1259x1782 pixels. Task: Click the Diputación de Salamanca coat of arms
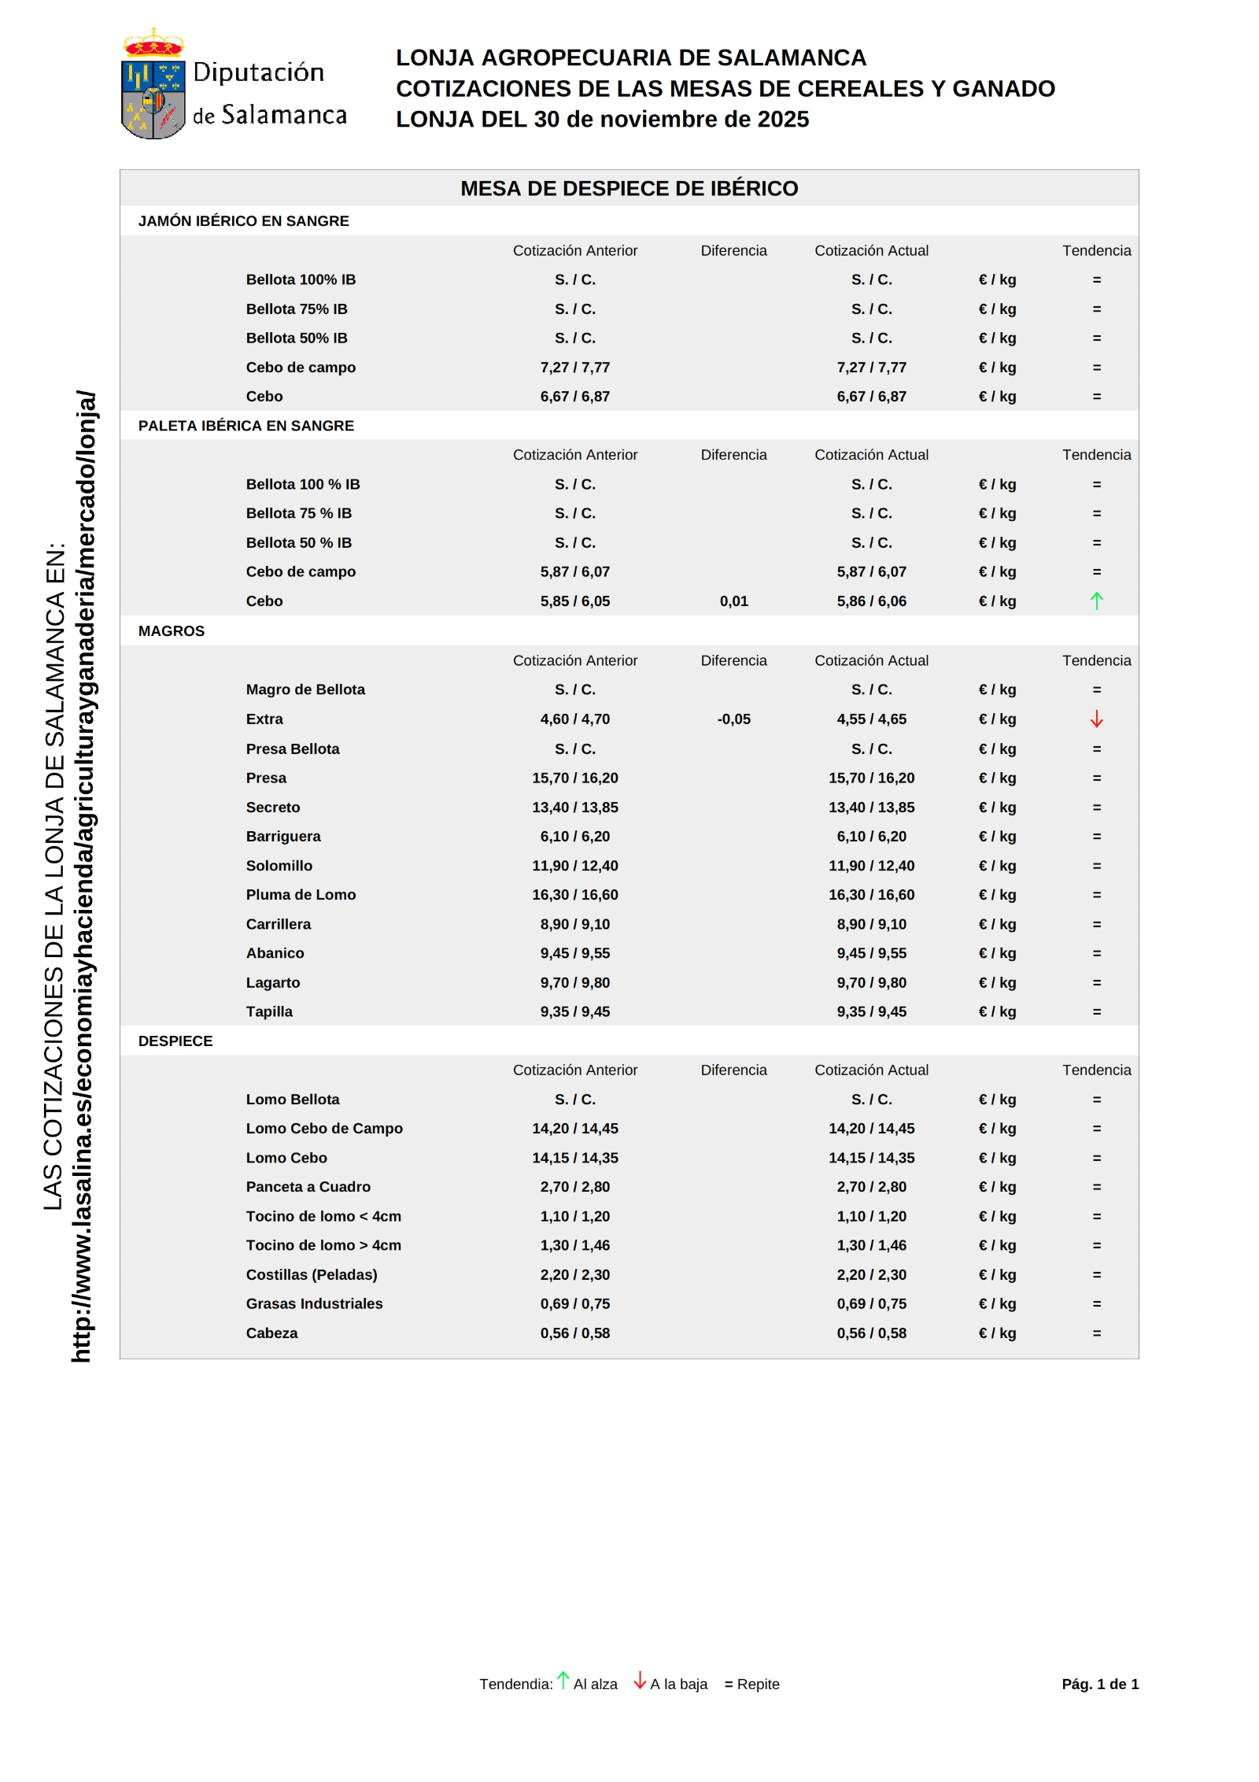(x=153, y=85)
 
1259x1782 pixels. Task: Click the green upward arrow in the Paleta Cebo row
(x=1096, y=601)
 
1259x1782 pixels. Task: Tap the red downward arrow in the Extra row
(x=1096, y=719)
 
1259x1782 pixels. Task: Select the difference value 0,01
(x=733, y=601)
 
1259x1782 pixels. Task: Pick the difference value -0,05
(x=733, y=719)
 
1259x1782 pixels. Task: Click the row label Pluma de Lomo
(x=301, y=895)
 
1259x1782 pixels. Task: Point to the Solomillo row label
(x=279, y=866)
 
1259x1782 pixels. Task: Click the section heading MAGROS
(x=172, y=631)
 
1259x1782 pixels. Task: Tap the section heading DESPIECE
(x=175, y=1041)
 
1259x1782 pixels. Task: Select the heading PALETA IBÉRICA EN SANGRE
(x=246, y=426)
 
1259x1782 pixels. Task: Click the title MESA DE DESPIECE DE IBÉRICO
(x=629, y=189)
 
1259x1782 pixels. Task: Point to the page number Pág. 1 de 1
(x=1100, y=1684)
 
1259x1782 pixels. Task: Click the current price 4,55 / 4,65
(x=871, y=719)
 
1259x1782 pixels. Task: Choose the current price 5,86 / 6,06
(x=871, y=601)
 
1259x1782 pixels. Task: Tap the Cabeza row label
(x=271, y=1333)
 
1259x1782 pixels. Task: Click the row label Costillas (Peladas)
(x=312, y=1275)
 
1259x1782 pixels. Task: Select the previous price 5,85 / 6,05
(x=574, y=601)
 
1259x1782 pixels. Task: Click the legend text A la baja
(x=678, y=1684)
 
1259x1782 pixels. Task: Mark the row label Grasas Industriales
(x=314, y=1304)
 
